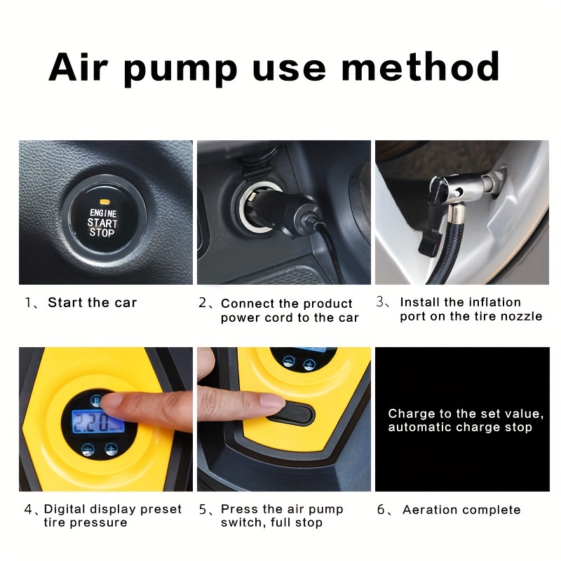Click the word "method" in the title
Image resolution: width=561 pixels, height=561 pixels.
[420, 67]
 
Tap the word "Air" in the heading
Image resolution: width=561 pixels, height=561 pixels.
[78, 67]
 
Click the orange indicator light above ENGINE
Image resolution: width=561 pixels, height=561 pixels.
[104, 202]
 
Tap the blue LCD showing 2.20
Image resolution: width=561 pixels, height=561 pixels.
[98, 421]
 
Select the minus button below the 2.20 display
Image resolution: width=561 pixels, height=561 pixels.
[88, 450]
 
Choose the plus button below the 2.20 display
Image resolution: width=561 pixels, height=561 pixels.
[111, 449]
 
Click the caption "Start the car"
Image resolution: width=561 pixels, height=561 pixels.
[93, 303]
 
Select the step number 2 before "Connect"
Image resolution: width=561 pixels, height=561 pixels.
[203, 303]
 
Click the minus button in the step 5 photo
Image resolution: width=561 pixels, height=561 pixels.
[288, 361]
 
